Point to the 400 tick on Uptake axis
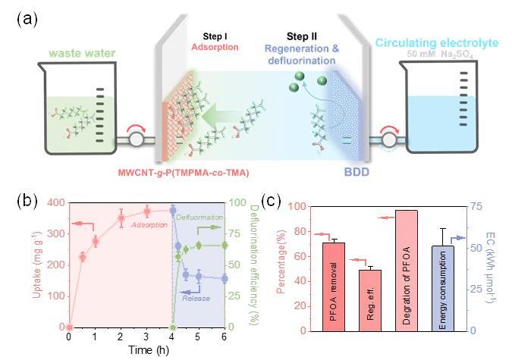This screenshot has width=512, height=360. pyautogui.click(x=54, y=202)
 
